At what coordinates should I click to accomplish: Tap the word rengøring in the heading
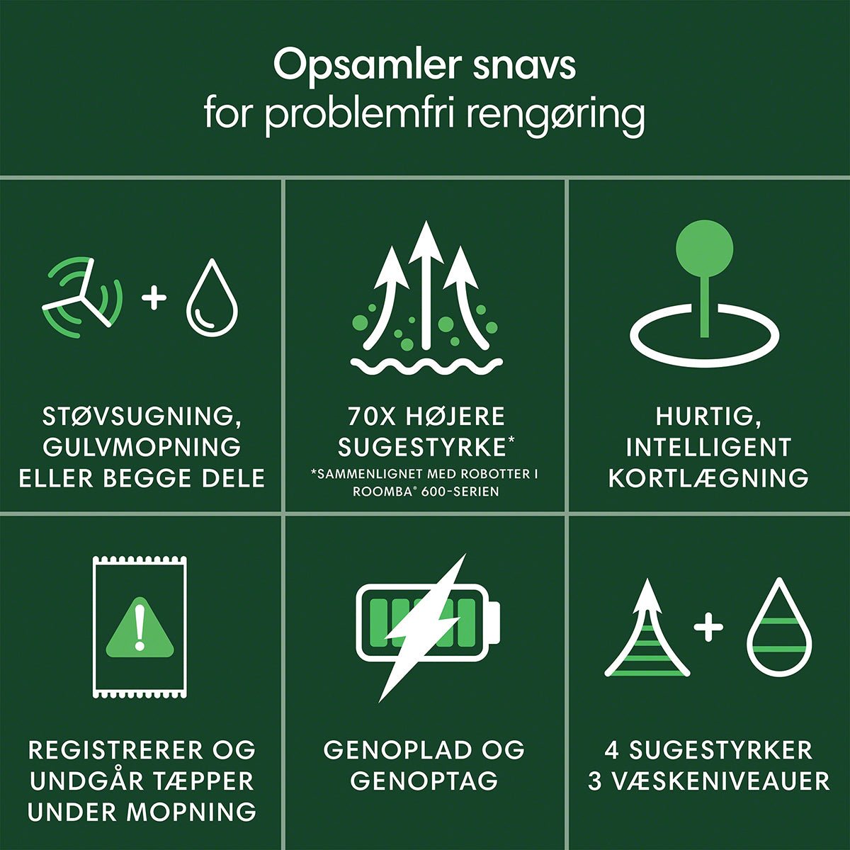[555, 117]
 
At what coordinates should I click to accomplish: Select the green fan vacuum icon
[82, 297]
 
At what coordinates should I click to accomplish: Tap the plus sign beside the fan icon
[154, 297]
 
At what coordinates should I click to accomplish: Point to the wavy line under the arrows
[426, 364]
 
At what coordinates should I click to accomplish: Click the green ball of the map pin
[704, 249]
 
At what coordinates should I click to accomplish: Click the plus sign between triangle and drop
[708, 627]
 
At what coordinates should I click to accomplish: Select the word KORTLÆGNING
[708, 479]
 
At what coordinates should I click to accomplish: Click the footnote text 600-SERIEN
[460, 492]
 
